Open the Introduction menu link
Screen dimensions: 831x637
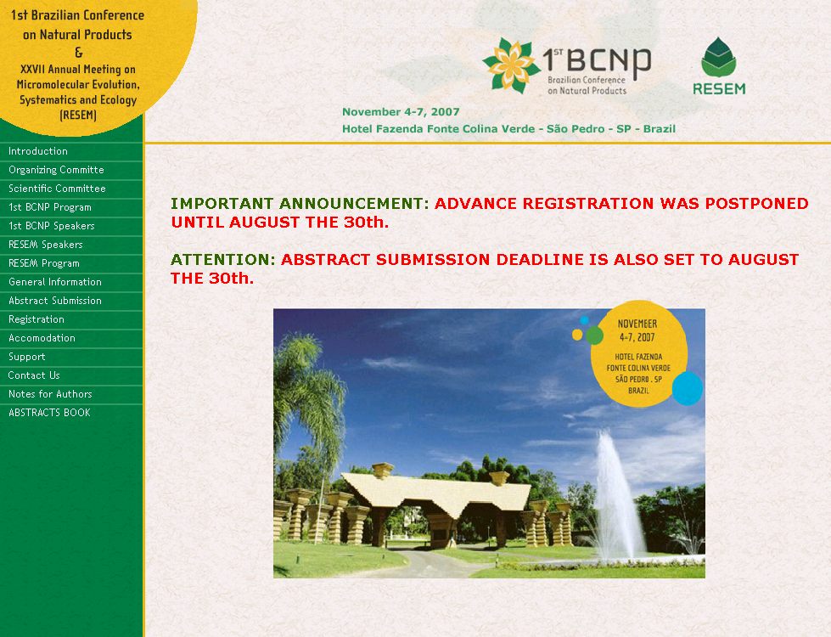[38, 151]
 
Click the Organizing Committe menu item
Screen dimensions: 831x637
[56, 170]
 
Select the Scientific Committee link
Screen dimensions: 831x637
[57, 189]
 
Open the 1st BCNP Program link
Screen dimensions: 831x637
[50, 207]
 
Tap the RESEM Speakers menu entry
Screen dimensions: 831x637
[46, 245]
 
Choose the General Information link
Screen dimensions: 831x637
[55, 282]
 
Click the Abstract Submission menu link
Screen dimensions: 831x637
[55, 300]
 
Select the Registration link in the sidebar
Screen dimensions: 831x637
[36, 319]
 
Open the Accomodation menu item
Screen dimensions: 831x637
[42, 338]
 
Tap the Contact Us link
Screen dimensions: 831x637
[34, 375]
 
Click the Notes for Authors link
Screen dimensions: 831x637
[50, 393]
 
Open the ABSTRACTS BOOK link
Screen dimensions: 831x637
[50, 413]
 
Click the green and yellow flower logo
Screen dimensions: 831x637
[510, 65]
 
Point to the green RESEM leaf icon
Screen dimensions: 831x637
[719, 57]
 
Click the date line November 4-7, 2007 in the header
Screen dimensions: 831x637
[401, 112]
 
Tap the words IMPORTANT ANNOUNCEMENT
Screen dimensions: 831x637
[300, 204]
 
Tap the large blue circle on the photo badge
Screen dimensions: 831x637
[688, 389]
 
